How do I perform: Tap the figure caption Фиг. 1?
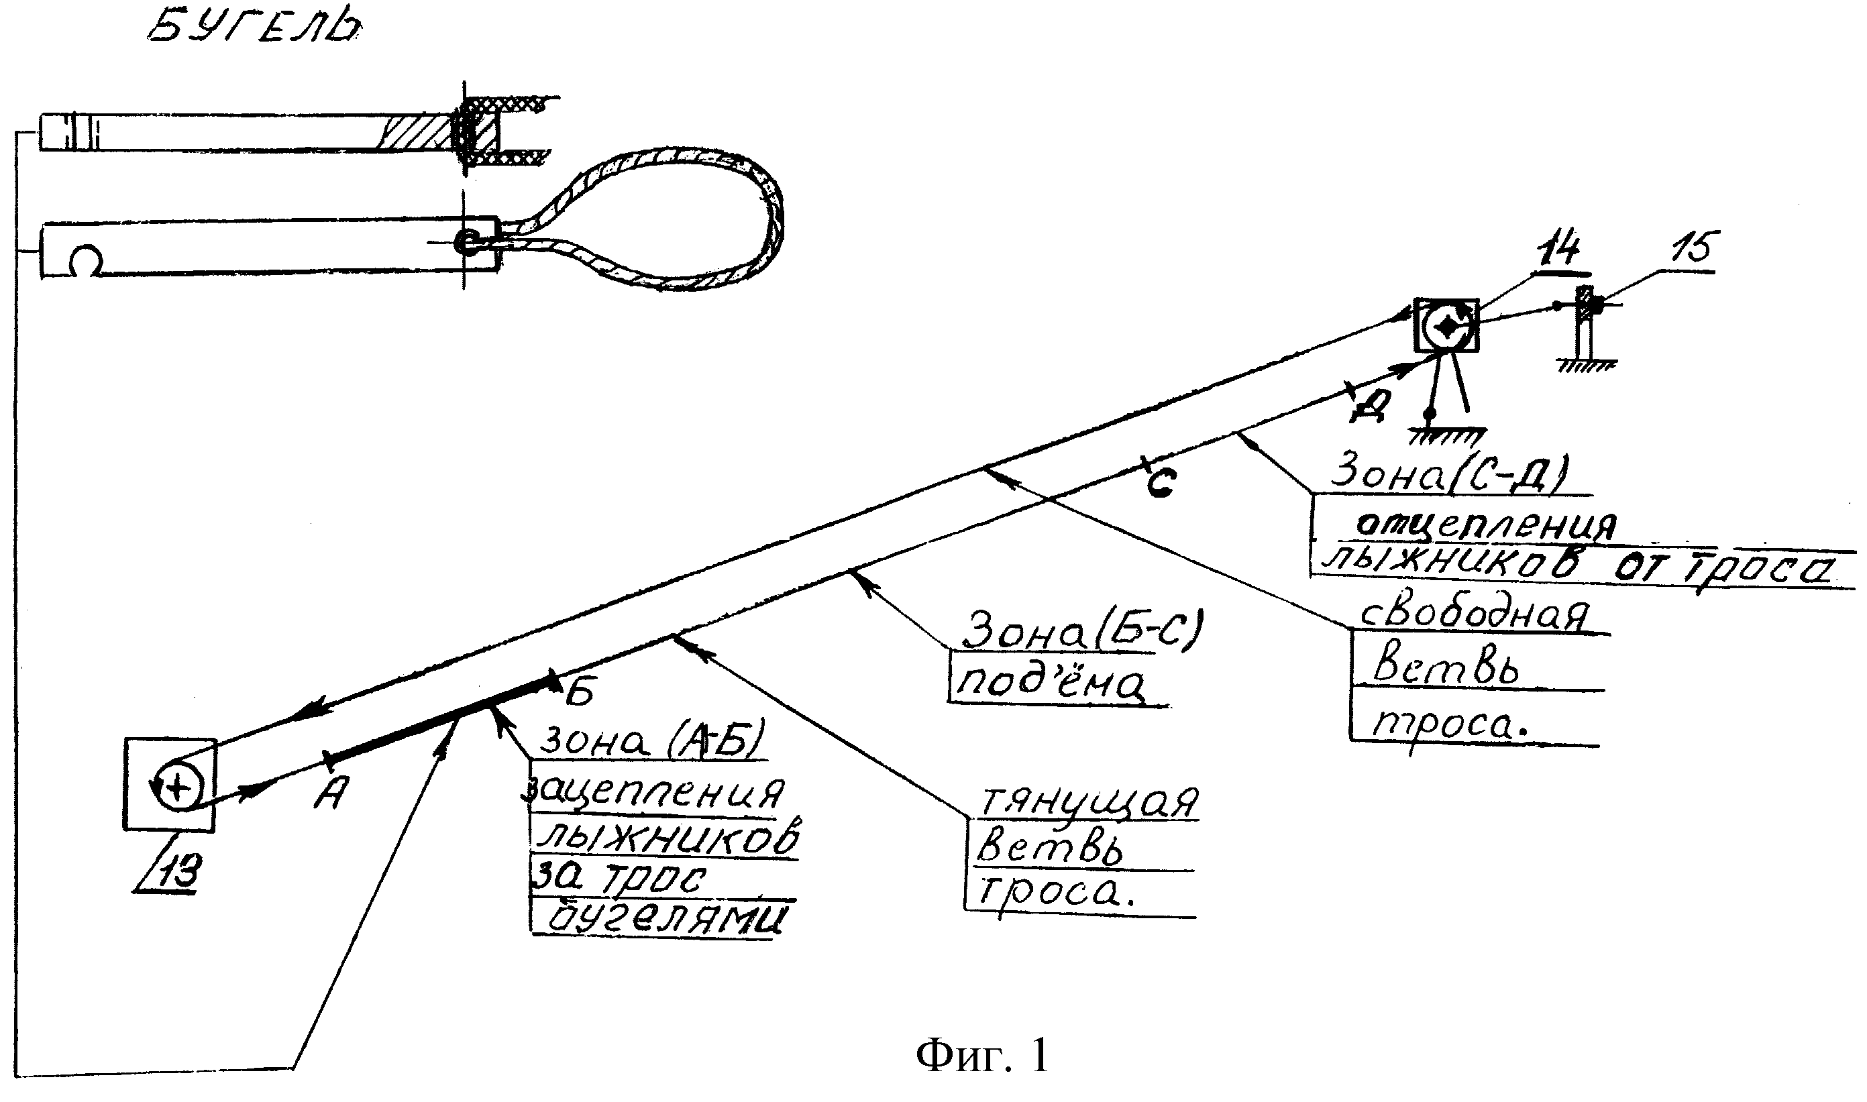[983, 1055]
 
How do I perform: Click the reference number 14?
[1558, 250]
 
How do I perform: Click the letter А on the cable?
[329, 795]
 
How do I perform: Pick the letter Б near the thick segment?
[579, 693]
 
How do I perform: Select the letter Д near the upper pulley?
[1368, 406]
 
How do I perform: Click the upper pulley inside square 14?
[1445, 325]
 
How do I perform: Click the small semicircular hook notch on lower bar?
[87, 260]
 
